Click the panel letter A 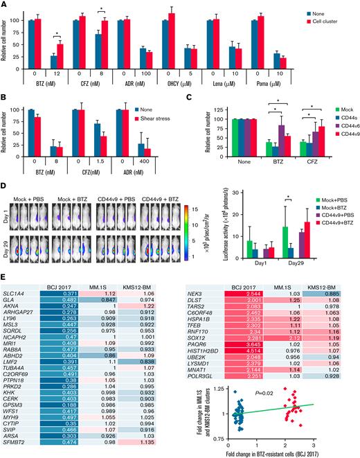(x=6, y=6)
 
